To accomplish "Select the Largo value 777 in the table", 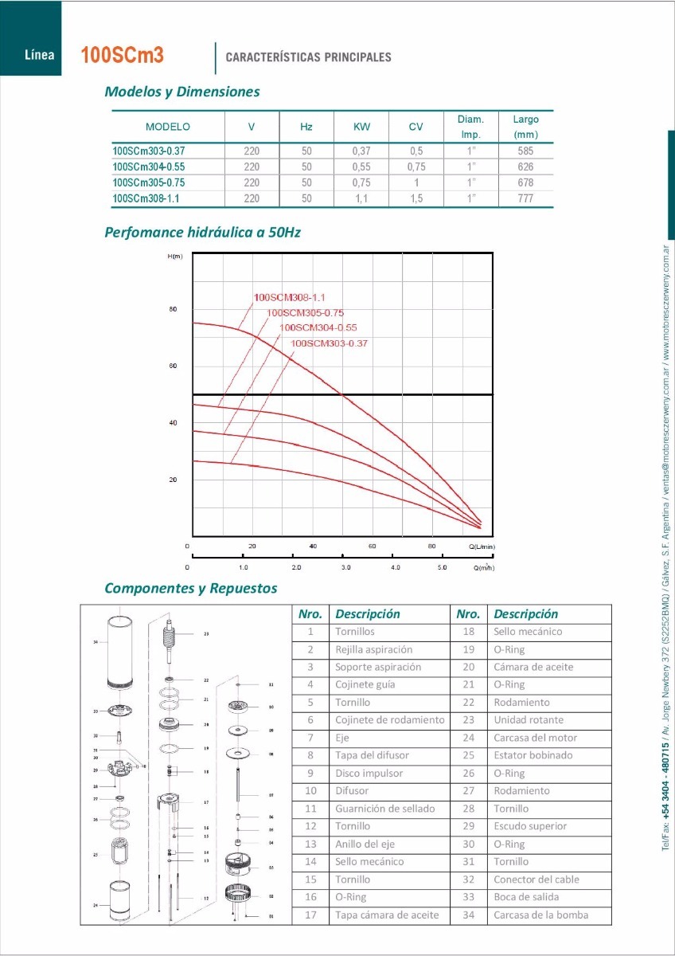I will click(525, 198).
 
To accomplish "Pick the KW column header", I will click(361, 127).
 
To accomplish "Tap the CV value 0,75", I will click(416, 167).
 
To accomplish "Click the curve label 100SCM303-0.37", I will click(329, 343).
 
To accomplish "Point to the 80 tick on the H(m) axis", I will click(173, 309).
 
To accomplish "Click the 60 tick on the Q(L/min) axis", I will click(372, 547).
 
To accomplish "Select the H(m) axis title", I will click(175, 256).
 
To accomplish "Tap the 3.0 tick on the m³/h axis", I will click(345, 568).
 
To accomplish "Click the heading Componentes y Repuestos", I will click(191, 589).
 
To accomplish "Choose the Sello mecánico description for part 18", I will click(528, 632).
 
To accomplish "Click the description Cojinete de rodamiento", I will click(389, 720).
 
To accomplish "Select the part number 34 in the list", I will click(468, 915).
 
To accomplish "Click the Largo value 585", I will click(525, 151).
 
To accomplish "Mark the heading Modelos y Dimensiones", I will click(182, 92).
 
